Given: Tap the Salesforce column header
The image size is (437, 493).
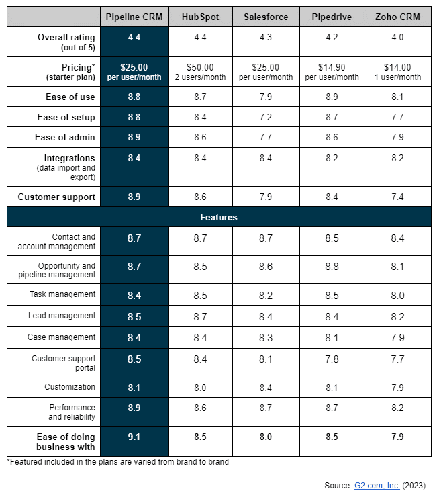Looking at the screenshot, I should (266, 17).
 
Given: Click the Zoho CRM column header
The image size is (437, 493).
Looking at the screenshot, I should (397, 17).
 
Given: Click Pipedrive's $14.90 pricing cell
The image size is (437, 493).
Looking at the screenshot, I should (332, 72).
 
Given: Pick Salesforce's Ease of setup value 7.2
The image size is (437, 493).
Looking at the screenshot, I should (266, 117).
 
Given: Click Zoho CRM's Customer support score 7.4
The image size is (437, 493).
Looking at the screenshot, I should (397, 197).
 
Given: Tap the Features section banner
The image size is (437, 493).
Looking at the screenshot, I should (218, 217).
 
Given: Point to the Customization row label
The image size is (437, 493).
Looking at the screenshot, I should (70, 387).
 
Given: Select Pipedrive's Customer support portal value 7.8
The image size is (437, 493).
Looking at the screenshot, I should (332, 359).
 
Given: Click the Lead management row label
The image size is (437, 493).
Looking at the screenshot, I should (62, 316).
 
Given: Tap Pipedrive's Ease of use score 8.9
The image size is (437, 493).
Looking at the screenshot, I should (332, 97).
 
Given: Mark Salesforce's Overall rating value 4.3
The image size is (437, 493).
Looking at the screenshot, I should (266, 37).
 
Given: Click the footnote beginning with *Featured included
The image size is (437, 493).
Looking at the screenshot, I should (118, 462).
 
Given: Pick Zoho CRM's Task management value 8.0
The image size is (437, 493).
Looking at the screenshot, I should (397, 294).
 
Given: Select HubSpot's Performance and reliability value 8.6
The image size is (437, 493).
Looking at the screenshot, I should (201, 408).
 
